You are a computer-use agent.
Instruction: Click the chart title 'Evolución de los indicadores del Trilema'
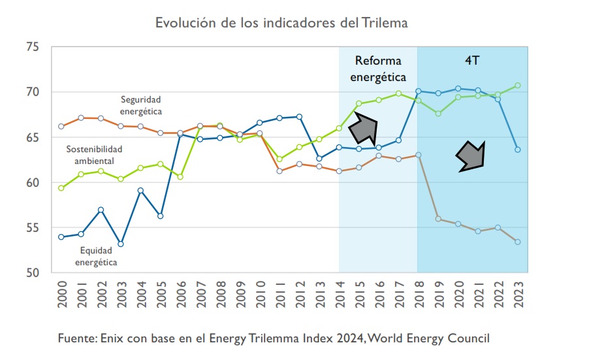coord(281,23)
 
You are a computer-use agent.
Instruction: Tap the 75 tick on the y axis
coord(33,47)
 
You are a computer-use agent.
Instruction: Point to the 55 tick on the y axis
coord(33,227)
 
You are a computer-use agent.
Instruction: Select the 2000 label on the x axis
coord(62,294)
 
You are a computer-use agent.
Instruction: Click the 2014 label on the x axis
coord(340,294)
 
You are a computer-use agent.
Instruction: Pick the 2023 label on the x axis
coord(518,294)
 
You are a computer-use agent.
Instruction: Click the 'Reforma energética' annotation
coord(378,69)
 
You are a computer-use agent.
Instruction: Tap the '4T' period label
coord(472,60)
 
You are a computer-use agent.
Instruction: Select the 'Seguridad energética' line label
coord(141,105)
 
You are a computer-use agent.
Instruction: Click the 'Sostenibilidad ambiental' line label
coord(94,155)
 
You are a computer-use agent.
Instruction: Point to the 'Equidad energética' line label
coord(96,256)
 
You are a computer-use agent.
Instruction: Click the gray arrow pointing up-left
coord(363,128)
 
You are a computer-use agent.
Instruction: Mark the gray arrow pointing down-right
coord(470,156)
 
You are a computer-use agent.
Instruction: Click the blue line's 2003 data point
coord(121,244)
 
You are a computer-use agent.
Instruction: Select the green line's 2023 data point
coord(518,86)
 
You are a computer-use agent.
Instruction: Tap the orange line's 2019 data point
coord(438,219)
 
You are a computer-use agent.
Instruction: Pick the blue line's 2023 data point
coord(518,150)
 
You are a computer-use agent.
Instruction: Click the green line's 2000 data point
coord(61,188)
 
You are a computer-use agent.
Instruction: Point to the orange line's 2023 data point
coord(518,242)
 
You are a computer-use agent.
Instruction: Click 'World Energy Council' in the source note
coord(428,338)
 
